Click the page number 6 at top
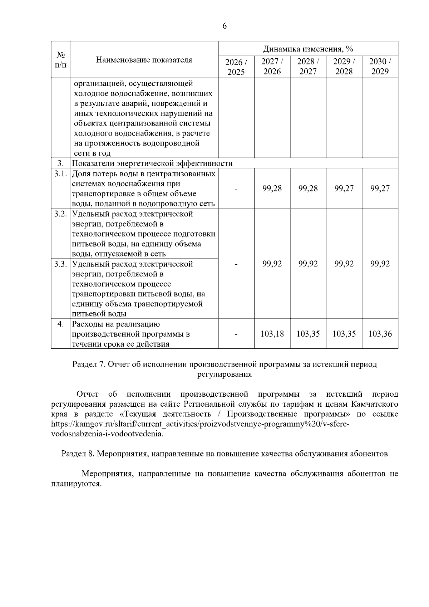click(225, 26)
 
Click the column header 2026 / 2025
click(236, 67)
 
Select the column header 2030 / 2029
click(380, 67)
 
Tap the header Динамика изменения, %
click(308, 49)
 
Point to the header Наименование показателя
click(144, 60)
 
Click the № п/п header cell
click(60, 60)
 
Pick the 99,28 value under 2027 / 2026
click(272, 189)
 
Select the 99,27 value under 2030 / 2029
click(380, 189)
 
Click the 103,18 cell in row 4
click(272, 334)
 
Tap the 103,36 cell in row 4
click(380, 334)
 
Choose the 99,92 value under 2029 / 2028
click(344, 264)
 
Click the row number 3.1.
click(60, 174)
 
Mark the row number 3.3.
click(60, 264)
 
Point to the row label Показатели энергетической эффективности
click(152, 163)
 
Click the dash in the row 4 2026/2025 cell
click(236, 334)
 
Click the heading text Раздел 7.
click(88, 364)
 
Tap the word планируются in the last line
click(76, 484)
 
